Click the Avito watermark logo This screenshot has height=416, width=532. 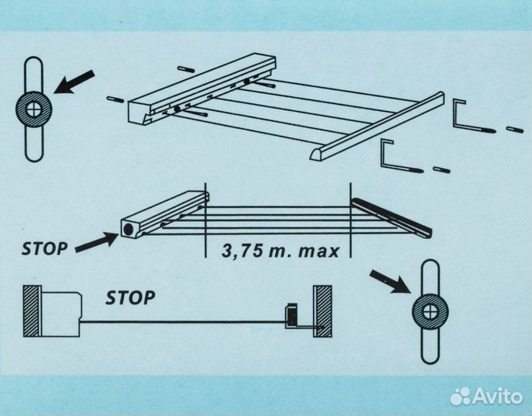pyautogui.click(x=487, y=396)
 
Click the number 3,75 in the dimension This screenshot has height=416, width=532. pyautogui.click(x=243, y=251)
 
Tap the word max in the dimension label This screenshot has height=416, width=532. pyautogui.click(x=319, y=252)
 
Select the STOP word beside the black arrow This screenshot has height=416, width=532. pyautogui.click(x=45, y=249)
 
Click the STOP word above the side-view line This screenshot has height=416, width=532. pyautogui.click(x=130, y=297)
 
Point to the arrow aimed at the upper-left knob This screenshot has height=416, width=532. pyautogui.click(x=74, y=82)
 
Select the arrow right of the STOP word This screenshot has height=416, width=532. pyautogui.click(x=96, y=242)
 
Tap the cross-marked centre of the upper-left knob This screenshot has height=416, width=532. pyautogui.click(x=34, y=109)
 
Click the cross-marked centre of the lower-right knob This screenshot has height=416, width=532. pyautogui.click(x=430, y=311)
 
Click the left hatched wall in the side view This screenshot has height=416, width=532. pyautogui.click(x=32, y=311)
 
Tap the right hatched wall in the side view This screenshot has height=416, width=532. pyautogui.click(x=322, y=311)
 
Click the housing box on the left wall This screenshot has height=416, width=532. pyautogui.click(x=61, y=314)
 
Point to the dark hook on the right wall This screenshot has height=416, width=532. pyautogui.click(x=291, y=314)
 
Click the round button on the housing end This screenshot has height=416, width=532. pyautogui.click(x=128, y=230)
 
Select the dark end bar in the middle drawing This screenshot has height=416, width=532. pyautogui.click(x=392, y=217)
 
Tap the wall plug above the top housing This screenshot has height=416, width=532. pyautogui.click(x=187, y=69)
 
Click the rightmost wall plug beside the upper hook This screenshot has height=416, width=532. pyautogui.click(x=515, y=129)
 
